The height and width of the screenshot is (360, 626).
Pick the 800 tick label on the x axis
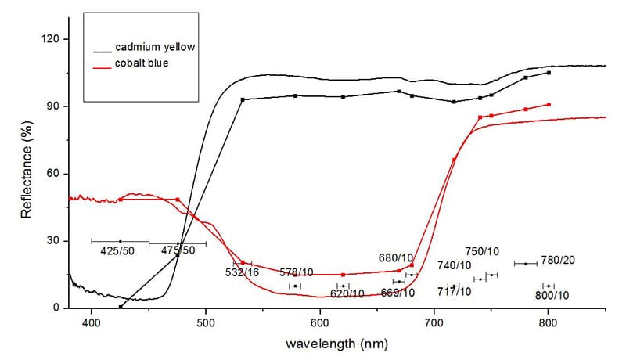(548, 322)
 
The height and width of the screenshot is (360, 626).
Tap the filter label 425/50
(115, 251)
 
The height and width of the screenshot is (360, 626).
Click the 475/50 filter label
(178, 250)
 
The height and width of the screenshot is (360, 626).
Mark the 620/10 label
(347, 294)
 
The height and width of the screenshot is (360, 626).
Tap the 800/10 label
(552, 295)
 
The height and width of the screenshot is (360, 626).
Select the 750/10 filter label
(481, 251)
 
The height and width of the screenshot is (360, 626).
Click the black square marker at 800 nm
(549, 73)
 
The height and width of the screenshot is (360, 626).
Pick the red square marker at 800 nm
(549, 105)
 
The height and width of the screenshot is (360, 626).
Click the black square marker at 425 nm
(121, 307)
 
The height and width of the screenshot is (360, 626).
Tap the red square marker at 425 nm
(121, 200)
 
